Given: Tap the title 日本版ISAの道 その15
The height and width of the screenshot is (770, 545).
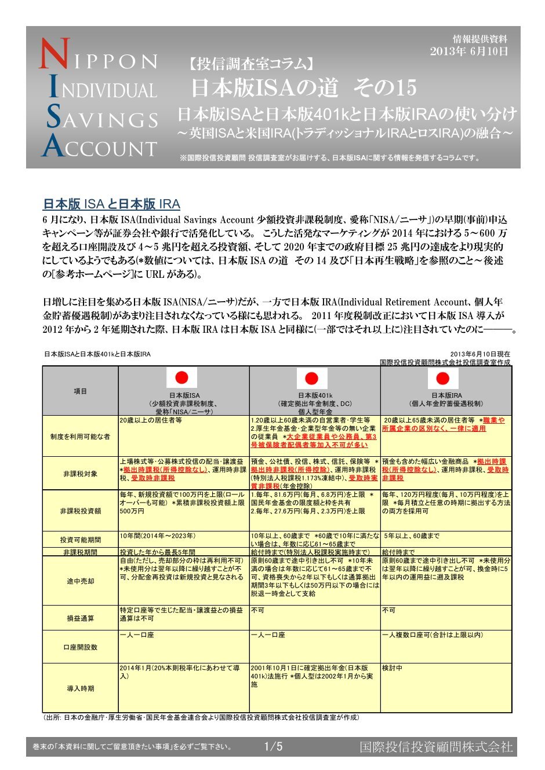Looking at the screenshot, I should pyautogui.click(x=304, y=88).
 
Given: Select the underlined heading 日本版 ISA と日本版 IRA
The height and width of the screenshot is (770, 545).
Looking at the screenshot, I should pyautogui.click(x=111, y=204).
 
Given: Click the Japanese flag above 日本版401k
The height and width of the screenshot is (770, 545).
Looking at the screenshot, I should pyautogui.click(x=312, y=379).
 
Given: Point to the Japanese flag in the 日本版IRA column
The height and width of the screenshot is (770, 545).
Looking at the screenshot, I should pyautogui.click(x=443, y=379).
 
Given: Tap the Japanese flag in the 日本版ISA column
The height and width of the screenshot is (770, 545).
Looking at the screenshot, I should pyautogui.click(x=181, y=378).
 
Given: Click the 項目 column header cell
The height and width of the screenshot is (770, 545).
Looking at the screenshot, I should pyautogui.click(x=80, y=391).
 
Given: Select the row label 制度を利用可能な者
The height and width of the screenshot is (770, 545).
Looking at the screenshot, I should pyautogui.click(x=80, y=437).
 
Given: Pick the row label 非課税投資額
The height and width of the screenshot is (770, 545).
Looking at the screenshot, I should pyautogui.click(x=80, y=511).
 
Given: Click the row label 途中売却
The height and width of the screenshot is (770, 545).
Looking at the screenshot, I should pyautogui.click(x=80, y=581).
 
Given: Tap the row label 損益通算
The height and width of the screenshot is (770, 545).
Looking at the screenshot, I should pyautogui.click(x=80, y=618).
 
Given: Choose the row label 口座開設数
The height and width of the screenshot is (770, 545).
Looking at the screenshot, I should pyautogui.click(x=80, y=647).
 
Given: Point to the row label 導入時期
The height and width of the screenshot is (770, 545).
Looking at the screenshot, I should pyautogui.click(x=80, y=688).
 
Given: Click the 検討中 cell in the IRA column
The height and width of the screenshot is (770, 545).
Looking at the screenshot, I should pyautogui.click(x=392, y=668).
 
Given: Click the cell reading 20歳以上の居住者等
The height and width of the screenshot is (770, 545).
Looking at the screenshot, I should pyautogui.click(x=151, y=420).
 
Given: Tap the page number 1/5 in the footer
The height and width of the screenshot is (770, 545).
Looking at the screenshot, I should pyautogui.click(x=273, y=747).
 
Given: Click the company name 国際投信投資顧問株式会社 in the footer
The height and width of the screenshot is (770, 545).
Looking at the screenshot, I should pyautogui.click(x=436, y=747).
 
